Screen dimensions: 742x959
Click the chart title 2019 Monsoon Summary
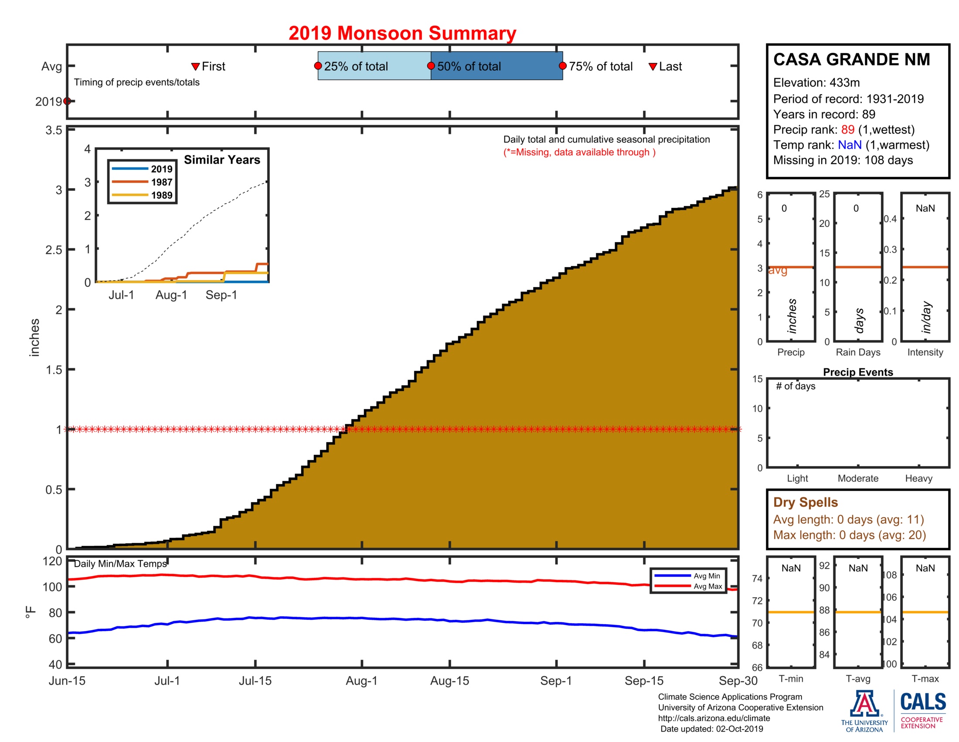point(402,34)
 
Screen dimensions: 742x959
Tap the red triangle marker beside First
point(195,66)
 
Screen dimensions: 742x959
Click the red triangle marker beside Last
point(653,66)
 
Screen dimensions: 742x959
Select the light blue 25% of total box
point(374,66)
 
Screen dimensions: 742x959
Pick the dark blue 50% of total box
point(496,66)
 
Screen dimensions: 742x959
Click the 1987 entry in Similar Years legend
point(161,182)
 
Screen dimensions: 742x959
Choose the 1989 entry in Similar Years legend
point(161,195)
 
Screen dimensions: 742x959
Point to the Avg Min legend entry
point(707,576)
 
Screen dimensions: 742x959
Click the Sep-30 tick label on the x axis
point(738,681)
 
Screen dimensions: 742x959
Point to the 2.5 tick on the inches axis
point(54,250)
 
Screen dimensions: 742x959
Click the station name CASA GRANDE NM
point(851,59)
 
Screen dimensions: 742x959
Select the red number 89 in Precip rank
point(847,130)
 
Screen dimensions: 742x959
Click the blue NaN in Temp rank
point(849,145)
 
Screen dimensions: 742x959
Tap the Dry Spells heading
point(805,502)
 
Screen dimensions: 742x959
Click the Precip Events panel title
point(857,372)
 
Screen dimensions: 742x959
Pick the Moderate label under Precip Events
point(857,478)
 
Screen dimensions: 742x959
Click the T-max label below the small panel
point(925,679)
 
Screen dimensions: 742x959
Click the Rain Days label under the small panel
point(857,352)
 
